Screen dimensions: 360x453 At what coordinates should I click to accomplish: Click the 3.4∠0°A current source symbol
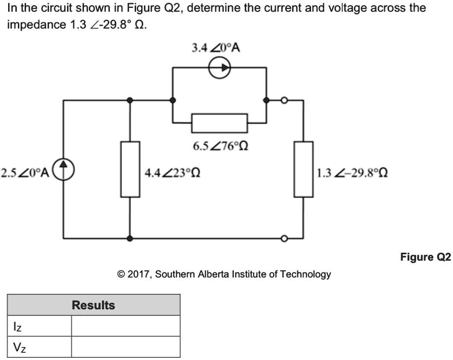tap(220, 69)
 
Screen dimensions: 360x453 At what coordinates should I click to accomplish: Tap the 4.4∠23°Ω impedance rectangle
tap(130, 169)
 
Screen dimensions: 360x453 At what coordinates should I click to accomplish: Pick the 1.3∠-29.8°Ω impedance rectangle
tap(303, 169)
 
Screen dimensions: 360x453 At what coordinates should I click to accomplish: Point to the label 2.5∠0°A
tap(24, 172)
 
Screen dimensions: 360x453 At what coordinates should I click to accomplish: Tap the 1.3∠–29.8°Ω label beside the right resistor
tap(352, 172)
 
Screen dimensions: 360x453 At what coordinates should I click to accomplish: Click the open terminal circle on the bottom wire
tap(284, 239)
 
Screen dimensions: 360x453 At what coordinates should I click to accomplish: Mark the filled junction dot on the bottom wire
tap(130, 239)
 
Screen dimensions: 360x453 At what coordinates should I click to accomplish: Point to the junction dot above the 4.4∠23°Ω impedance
tap(130, 100)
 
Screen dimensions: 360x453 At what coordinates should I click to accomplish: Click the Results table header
tap(94, 305)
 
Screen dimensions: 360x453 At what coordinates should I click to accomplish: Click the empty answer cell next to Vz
tap(125, 347)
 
